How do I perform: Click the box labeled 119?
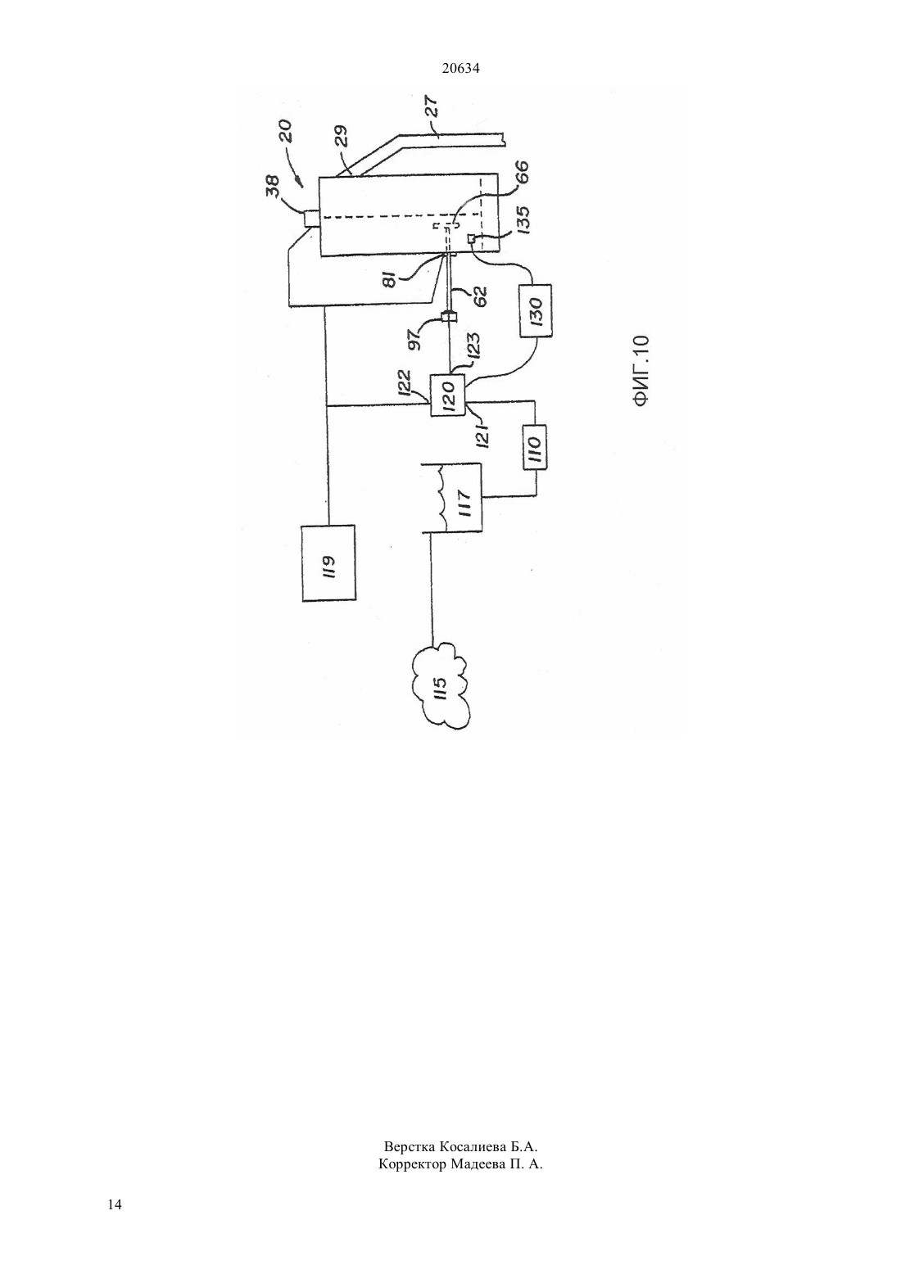pos(328,562)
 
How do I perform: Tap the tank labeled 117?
pos(452,498)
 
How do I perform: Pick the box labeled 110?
pos(535,447)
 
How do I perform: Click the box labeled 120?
pos(448,395)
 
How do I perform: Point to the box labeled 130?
pos(535,310)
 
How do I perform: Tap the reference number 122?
pos(403,383)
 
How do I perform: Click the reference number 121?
pos(482,435)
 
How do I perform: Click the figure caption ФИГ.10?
pos(641,370)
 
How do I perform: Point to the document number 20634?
pos(460,68)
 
